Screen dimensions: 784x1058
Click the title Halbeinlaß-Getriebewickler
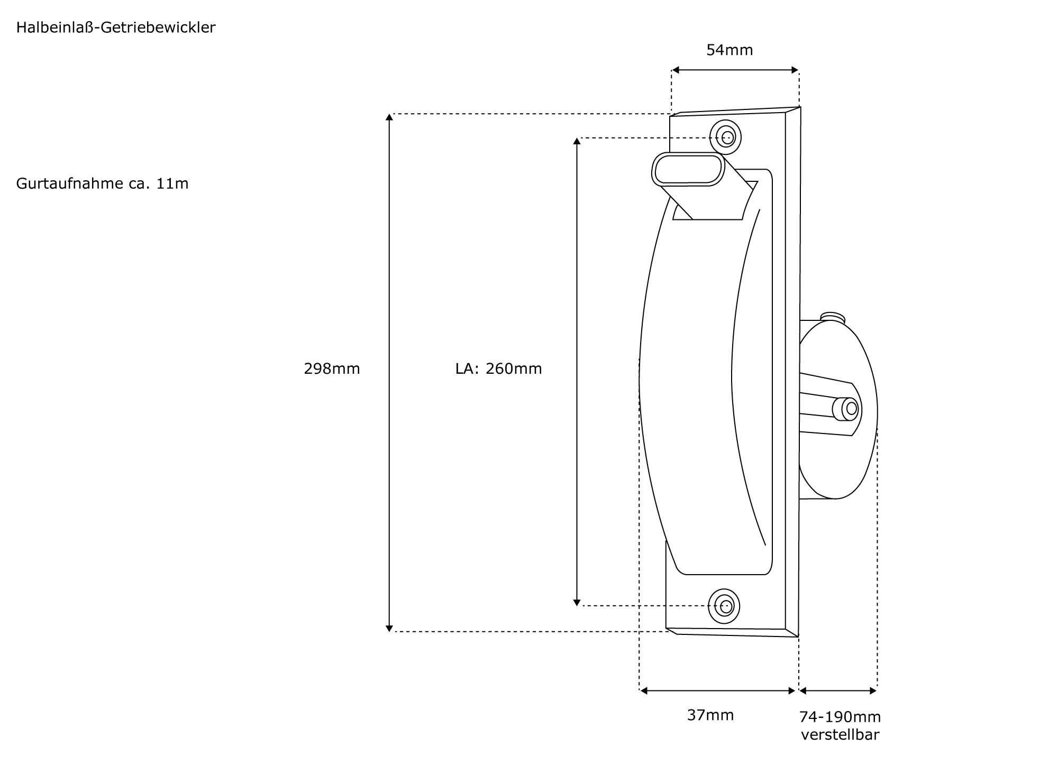[x=116, y=27]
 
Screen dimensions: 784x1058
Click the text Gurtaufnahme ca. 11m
[x=102, y=183]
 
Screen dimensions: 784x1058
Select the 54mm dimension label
[x=729, y=50]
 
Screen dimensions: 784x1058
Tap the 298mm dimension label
[x=332, y=368]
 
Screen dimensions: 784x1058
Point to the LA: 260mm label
[x=498, y=368]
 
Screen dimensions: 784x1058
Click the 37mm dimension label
[x=710, y=715]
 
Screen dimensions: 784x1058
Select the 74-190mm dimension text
[x=840, y=717]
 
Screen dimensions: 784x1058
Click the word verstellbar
[x=840, y=735]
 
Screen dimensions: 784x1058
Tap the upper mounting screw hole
[x=727, y=137]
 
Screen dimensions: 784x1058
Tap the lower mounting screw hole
[x=725, y=606]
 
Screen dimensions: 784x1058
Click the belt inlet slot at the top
[x=688, y=170]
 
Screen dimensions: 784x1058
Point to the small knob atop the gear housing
[x=832, y=317]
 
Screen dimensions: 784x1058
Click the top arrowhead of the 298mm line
[x=389, y=117]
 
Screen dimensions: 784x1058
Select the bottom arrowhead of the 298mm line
[x=389, y=628]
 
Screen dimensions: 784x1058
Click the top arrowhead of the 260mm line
[x=577, y=141]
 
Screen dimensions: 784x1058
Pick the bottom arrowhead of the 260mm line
[x=577, y=602]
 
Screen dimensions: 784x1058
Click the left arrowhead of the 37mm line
[x=643, y=690]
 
